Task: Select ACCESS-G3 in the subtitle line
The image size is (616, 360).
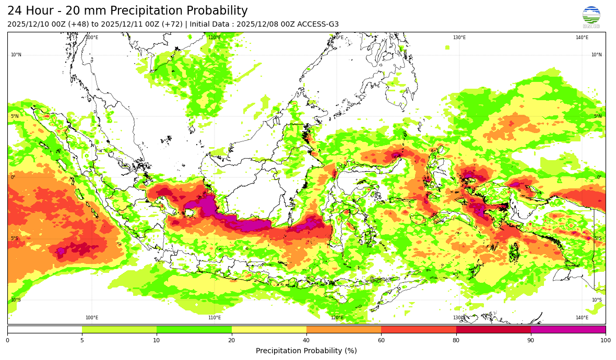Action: click(318, 25)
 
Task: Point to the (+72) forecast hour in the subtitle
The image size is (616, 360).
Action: click(172, 25)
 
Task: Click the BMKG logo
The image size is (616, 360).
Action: click(591, 17)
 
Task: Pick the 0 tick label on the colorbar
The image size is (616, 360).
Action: click(7, 341)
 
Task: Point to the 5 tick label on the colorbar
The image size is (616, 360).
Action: click(82, 341)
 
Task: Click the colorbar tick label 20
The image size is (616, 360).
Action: click(232, 341)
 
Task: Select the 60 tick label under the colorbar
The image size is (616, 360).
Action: click(381, 341)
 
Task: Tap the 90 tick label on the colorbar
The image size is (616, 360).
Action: click(531, 341)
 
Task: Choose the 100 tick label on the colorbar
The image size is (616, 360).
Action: click(606, 341)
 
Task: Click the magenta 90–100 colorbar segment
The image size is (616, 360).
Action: click(568, 330)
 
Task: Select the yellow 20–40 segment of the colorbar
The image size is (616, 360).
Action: click(269, 330)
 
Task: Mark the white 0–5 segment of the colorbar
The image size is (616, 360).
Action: click(44, 330)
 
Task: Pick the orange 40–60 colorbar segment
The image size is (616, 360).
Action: click(343, 330)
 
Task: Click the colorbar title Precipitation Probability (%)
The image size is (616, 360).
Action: click(306, 351)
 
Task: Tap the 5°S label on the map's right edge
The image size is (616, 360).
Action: click(597, 239)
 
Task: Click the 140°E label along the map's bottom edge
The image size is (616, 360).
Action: click(582, 318)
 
